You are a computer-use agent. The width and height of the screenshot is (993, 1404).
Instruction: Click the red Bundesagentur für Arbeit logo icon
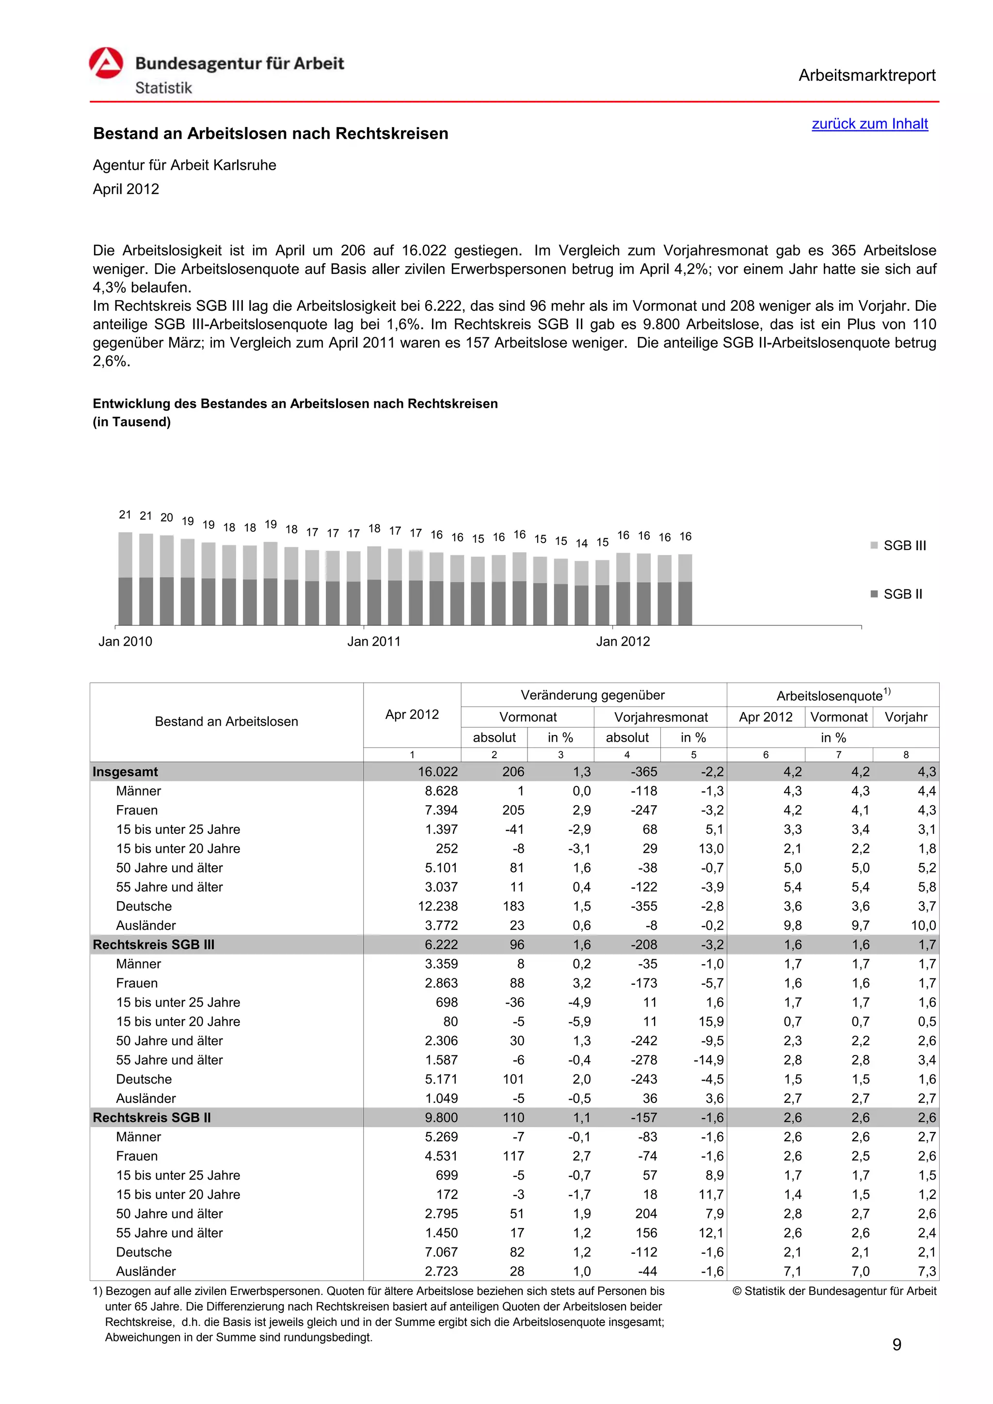click(106, 63)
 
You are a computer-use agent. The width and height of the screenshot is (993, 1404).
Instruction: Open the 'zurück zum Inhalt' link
click(869, 124)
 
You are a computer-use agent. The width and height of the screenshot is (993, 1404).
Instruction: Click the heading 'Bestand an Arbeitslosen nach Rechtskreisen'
click(270, 133)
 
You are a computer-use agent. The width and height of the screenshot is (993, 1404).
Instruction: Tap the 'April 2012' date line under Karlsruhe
click(126, 189)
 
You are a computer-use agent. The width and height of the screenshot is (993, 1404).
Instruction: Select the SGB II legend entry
click(897, 594)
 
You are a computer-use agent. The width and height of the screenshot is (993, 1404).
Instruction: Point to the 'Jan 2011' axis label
click(374, 641)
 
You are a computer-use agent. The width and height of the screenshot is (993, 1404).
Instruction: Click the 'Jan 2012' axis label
click(623, 641)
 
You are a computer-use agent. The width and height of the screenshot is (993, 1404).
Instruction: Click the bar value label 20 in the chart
click(166, 517)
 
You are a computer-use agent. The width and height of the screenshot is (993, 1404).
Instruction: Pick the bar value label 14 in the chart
click(581, 543)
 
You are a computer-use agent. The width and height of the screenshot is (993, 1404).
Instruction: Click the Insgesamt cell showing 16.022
click(437, 772)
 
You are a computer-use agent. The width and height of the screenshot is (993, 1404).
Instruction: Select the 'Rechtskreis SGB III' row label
click(154, 945)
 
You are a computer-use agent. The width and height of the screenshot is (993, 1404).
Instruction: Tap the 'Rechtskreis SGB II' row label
click(152, 1118)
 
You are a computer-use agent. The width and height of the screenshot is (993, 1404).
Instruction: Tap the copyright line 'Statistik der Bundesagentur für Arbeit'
click(834, 1291)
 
